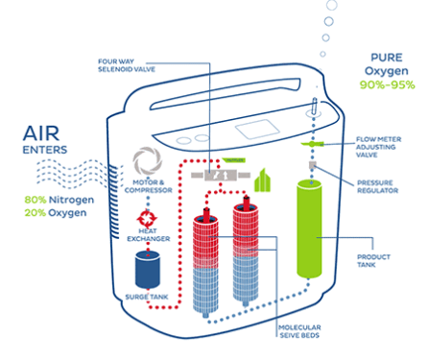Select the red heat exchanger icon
coord(149,217)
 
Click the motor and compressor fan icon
coord(150,160)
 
